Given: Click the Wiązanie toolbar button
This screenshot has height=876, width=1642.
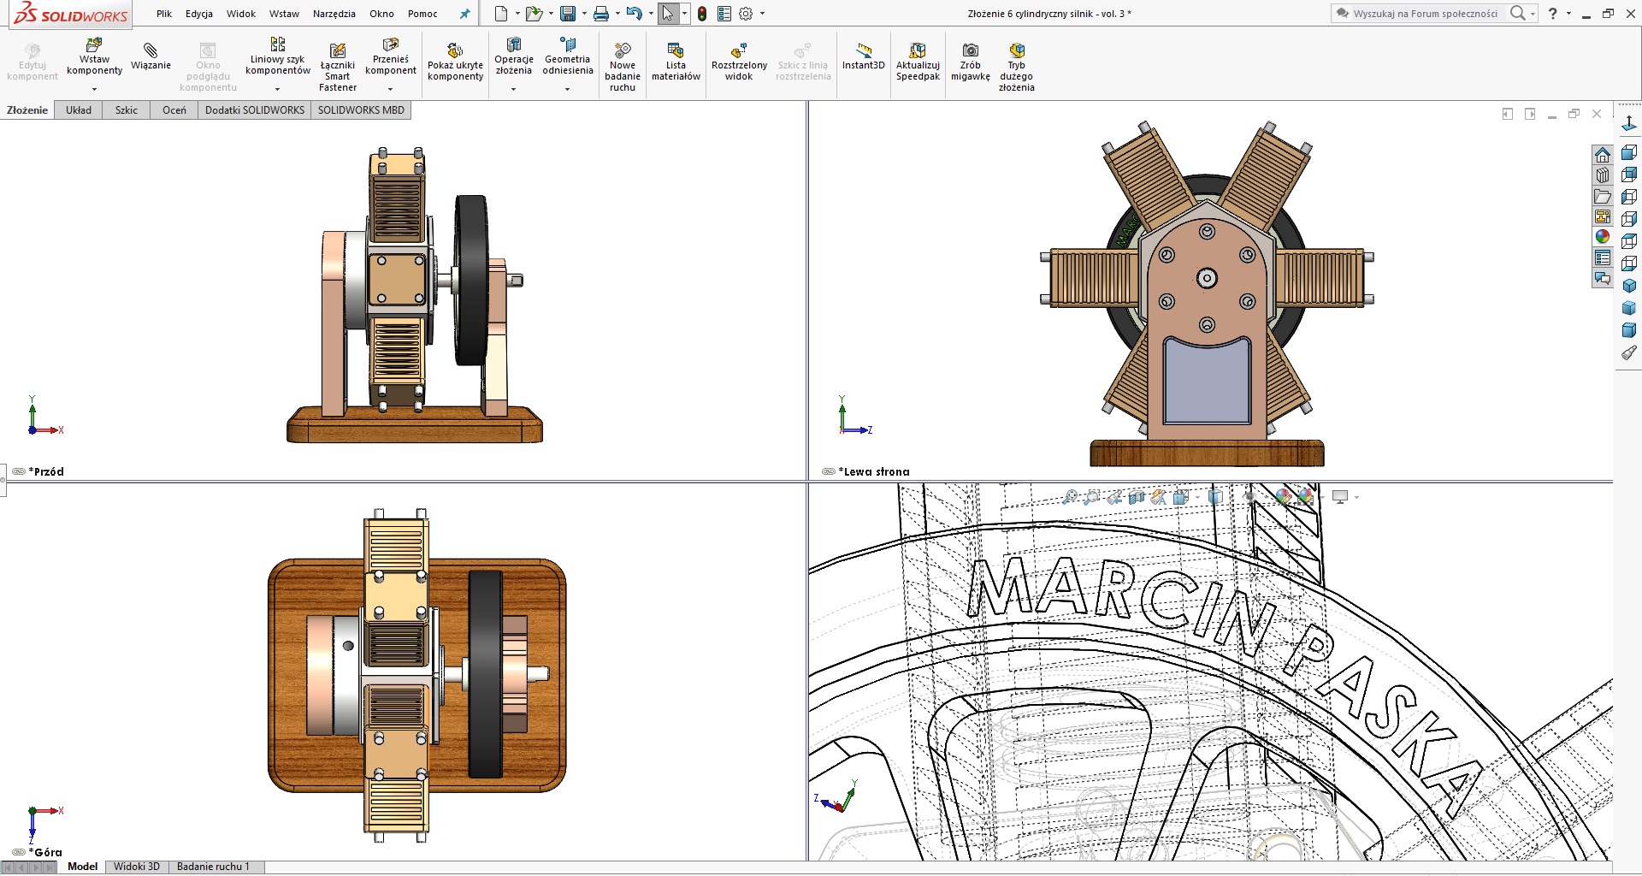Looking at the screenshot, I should point(151,56).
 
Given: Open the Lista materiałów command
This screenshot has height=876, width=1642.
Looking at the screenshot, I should point(676,62).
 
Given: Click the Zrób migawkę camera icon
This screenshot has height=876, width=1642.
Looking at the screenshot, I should point(970,50).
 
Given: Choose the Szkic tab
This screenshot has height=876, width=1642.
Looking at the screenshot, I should point(127,110).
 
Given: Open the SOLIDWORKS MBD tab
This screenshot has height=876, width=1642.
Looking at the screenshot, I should point(361,110).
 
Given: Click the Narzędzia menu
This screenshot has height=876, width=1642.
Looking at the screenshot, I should point(334,14).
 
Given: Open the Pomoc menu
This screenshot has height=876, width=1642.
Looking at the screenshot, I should point(422,14).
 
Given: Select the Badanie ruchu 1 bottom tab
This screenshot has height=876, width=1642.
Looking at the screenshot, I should point(213,867).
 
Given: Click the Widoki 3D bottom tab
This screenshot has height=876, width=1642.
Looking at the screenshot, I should point(137,867).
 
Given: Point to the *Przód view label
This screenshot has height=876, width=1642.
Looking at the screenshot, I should point(48,471).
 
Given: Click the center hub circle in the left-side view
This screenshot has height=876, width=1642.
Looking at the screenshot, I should point(1207,278).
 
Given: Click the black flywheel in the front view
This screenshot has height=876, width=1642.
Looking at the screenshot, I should point(470,278).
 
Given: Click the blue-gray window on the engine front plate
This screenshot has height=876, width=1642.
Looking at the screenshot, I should point(1207,381).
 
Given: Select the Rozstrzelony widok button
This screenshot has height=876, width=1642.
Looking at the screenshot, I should point(739,62).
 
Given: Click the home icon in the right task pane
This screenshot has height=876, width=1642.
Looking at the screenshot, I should point(1603,155).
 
